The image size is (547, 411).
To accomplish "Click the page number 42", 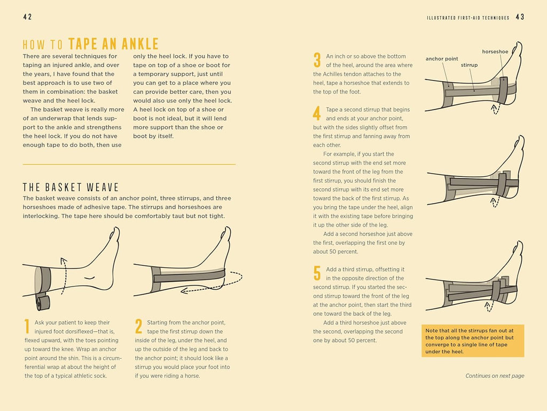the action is [28, 17].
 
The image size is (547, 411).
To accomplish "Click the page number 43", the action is [520, 17].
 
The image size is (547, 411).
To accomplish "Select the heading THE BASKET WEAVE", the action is [71, 188].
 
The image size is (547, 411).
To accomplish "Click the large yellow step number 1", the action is [27, 326].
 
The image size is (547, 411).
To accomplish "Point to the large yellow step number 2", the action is [138, 326].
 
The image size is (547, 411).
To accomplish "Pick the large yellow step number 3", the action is [317, 60].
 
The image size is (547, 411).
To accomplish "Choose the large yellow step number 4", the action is [317, 113].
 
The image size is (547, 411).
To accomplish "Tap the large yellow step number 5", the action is [317, 273].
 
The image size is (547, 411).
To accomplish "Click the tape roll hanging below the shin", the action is [43, 303].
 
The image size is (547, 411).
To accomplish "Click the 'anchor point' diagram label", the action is [442, 59].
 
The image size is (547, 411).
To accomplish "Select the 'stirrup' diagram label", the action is [469, 65].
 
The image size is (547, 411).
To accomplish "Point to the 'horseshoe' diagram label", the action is [495, 52].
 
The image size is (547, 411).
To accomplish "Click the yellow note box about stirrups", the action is [473, 341].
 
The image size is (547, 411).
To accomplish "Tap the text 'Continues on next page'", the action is [495, 376].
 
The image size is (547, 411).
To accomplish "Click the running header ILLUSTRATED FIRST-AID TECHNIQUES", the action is [468, 18].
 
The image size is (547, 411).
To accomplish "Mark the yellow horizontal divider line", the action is [129, 164].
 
